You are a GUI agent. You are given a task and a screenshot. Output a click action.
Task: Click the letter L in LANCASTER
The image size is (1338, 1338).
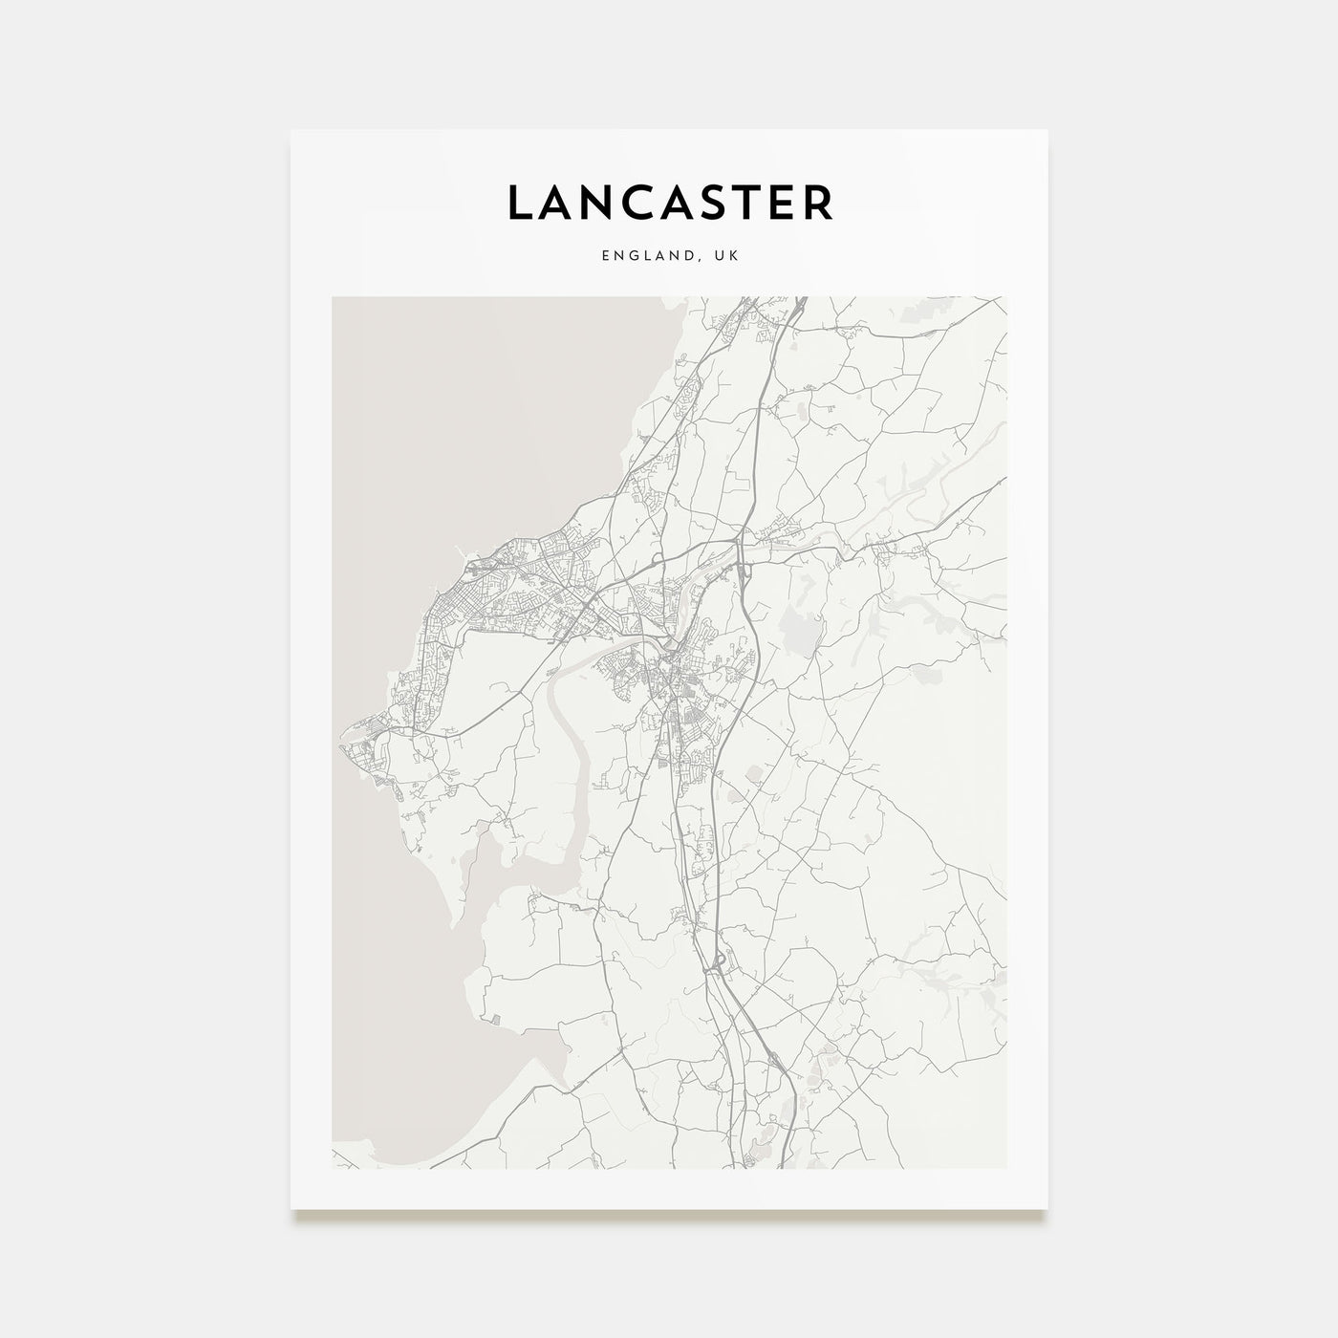click(521, 203)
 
